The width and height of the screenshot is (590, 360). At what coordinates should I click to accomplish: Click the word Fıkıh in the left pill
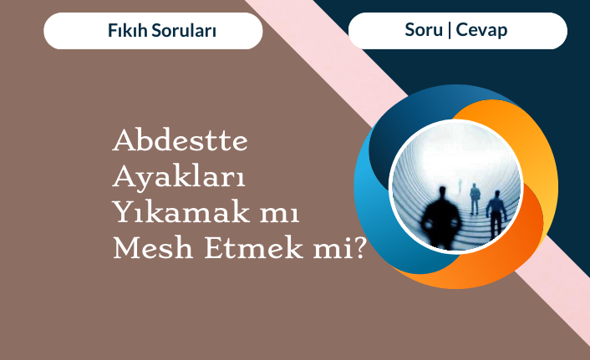(x=128, y=30)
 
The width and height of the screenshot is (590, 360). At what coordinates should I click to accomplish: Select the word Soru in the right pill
(x=424, y=30)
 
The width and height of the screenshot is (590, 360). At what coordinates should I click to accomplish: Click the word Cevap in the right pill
(x=481, y=30)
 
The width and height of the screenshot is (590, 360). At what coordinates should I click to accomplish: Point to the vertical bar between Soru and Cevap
(x=450, y=30)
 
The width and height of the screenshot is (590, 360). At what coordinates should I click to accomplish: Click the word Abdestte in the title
(x=181, y=140)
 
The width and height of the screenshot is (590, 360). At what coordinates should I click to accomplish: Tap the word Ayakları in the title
(x=179, y=176)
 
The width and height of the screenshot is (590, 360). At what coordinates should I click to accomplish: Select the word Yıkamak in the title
(x=181, y=211)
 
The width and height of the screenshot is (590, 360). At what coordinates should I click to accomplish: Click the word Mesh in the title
(x=153, y=248)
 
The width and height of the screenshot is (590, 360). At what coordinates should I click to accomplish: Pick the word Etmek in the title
(x=253, y=248)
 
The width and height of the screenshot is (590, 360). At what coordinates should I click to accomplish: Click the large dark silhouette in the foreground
(x=441, y=218)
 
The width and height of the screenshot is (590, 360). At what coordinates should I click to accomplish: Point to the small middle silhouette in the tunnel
(x=476, y=199)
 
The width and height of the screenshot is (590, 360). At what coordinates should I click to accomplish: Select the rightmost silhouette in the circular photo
(x=496, y=215)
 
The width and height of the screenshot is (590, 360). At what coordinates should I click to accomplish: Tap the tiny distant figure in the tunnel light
(x=460, y=185)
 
